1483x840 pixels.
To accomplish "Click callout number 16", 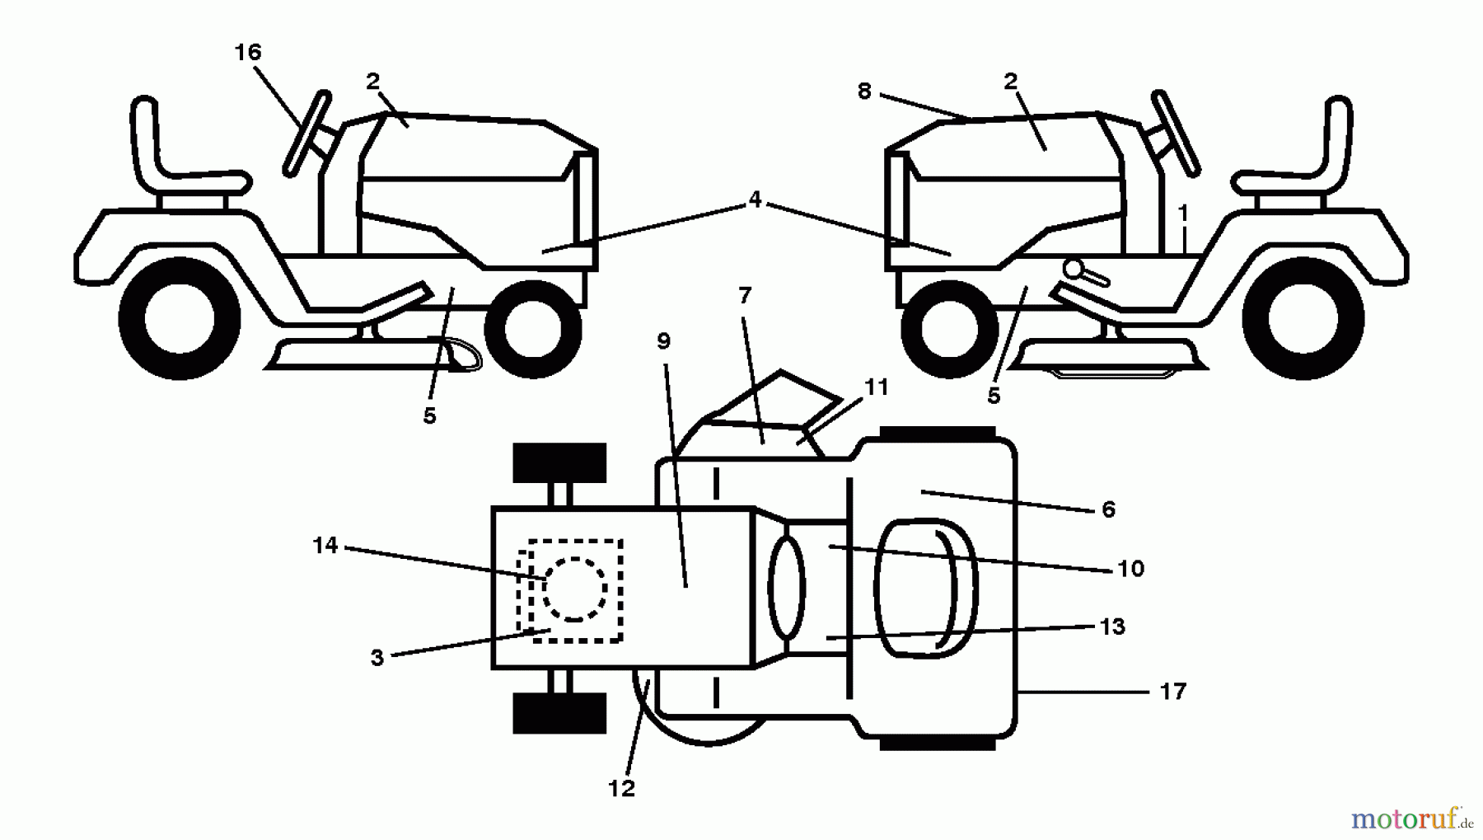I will pyautogui.click(x=247, y=53).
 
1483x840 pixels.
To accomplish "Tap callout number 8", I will pyautogui.click(x=863, y=91).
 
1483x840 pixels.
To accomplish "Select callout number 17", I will pyautogui.click(x=1172, y=691).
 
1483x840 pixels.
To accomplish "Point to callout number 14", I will pyautogui.click(x=325, y=545).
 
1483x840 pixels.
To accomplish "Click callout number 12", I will pyautogui.click(x=621, y=788).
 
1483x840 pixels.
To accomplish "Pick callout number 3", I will pyautogui.click(x=377, y=658).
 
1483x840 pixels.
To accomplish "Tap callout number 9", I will pyautogui.click(x=664, y=340).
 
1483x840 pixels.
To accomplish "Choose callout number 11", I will pyautogui.click(x=876, y=387).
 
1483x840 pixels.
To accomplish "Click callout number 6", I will pyautogui.click(x=1108, y=509).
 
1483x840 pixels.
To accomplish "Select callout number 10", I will pyautogui.click(x=1130, y=568).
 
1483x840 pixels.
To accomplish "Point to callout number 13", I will pyautogui.click(x=1112, y=626).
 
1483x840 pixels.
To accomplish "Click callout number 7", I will pyautogui.click(x=745, y=295).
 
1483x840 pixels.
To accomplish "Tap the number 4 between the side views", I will pyautogui.click(x=755, y=199).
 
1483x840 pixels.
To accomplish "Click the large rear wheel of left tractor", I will pyautogui.click(x=180, y=318).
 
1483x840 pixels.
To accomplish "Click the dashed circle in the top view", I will pyautogui.click(x=574, y=589).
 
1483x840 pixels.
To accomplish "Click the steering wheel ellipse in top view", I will pyautogui.click(x=786, y=586).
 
